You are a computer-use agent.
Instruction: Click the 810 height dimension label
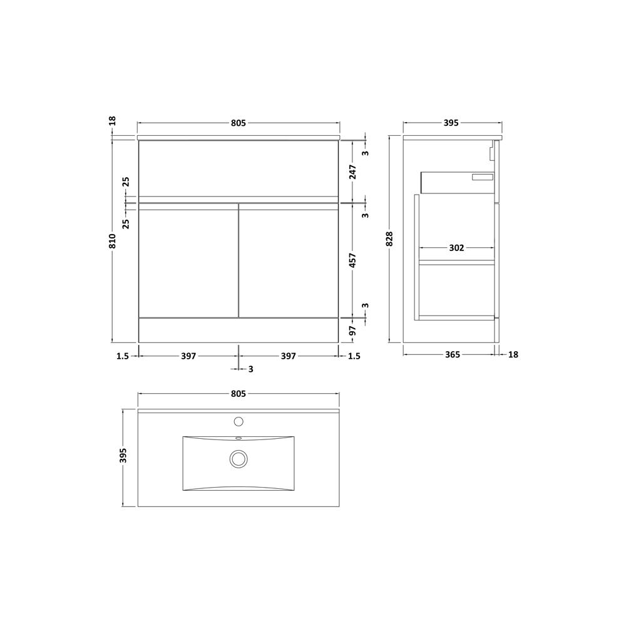pyautogui.click(x=113, y=241)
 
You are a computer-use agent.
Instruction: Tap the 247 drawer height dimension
pyautogui.click(x=352, y=172)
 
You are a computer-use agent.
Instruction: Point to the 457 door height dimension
pyautogui.click(x=352, y=260)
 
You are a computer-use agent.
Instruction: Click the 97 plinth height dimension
pyautogui.click(x=352, y=331)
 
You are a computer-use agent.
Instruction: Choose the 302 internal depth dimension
pyautogui.click(x=457, y=248)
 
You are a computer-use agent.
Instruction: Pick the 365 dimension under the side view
pyautogui.click(x=453, y=354)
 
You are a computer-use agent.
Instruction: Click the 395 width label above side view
pyautogui.click(x=451, y=123)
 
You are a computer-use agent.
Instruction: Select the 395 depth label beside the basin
pyautogui.click(x=123, y=456)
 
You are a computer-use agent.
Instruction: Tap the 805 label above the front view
pyautogui.click(x=239, y=123)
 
